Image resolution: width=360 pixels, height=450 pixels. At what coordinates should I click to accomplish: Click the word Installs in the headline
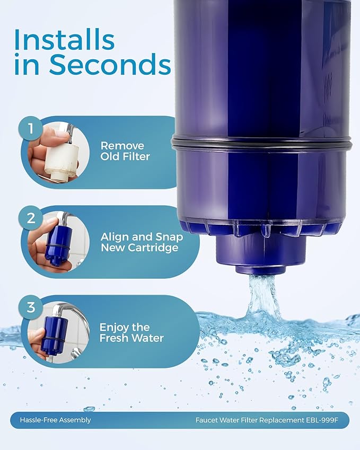64,40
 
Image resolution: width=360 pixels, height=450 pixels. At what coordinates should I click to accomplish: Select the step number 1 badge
31,129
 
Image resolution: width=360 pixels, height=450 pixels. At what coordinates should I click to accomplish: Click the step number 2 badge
31,218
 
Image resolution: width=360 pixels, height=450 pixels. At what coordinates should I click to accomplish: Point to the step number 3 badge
31,307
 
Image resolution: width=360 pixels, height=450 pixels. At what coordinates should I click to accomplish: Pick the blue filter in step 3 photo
55,333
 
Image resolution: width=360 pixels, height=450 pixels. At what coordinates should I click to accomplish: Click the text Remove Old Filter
125,151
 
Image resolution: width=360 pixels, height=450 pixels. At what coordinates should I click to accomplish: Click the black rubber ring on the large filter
262,143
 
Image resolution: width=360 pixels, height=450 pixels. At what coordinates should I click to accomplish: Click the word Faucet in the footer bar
207,420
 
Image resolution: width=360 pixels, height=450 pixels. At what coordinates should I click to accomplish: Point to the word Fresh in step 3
113,338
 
